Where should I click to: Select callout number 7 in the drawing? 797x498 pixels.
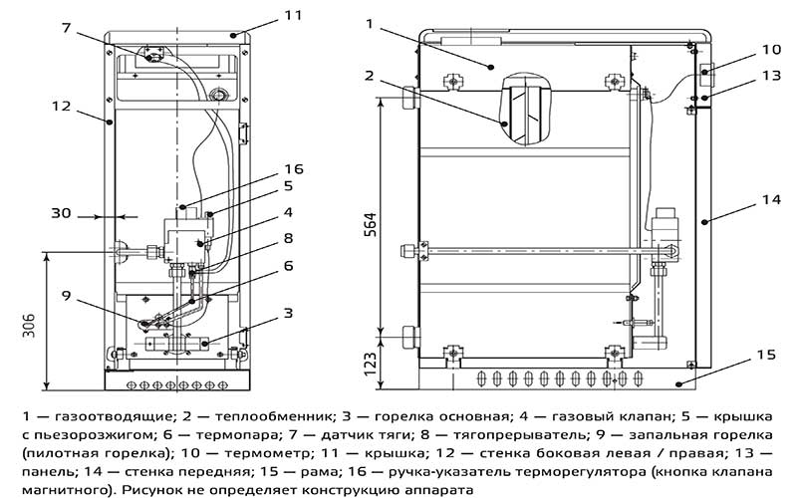[67, 27]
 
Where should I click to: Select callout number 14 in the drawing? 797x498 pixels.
[771, 200]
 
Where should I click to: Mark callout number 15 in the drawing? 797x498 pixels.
[766, 355]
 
